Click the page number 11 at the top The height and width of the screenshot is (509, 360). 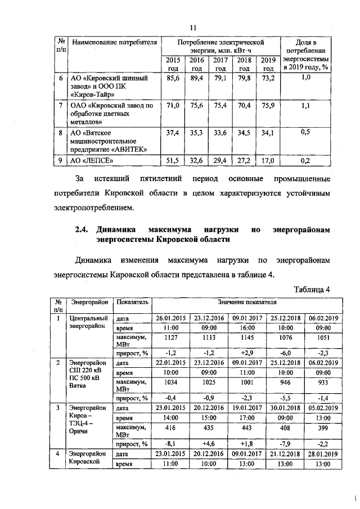click(x=192, y=27)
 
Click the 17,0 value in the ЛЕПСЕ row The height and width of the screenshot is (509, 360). click(x=268, y=162)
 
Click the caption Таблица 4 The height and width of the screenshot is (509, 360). click(x=312, y=289)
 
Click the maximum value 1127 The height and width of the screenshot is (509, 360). click(x=172, y=338)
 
